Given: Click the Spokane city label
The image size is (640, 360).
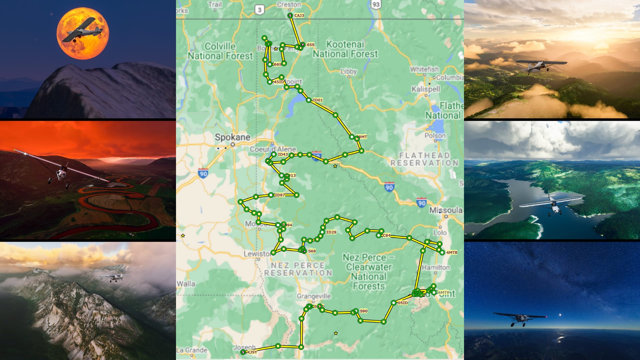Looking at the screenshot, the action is point(232,137).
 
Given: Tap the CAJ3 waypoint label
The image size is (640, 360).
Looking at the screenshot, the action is point(299,16).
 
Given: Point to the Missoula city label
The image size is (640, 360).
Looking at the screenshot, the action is point(446,210).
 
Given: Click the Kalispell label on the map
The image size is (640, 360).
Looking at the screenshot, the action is point(426,89).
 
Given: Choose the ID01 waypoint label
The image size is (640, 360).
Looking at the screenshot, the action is point(318,100).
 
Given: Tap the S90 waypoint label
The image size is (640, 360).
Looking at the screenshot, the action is point(364,311).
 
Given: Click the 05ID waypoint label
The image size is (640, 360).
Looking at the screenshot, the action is point(403,303).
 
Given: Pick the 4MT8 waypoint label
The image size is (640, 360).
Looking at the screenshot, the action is point(452,253).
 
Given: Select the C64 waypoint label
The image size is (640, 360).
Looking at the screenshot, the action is point(386,235).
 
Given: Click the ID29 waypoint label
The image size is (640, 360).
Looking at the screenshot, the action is point(331,232).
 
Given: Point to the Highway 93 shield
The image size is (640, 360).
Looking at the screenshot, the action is point(376,4).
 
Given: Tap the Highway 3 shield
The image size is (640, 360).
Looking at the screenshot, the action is point(259,10).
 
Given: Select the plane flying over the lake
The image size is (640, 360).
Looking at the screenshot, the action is point(552,203).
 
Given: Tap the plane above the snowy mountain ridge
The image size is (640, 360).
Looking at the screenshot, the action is point(114,277).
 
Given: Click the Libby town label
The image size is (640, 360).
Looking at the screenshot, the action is point(349,71).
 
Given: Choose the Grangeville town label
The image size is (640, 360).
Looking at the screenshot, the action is point(314,296).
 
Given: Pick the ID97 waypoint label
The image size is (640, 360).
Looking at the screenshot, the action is point(279,195).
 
